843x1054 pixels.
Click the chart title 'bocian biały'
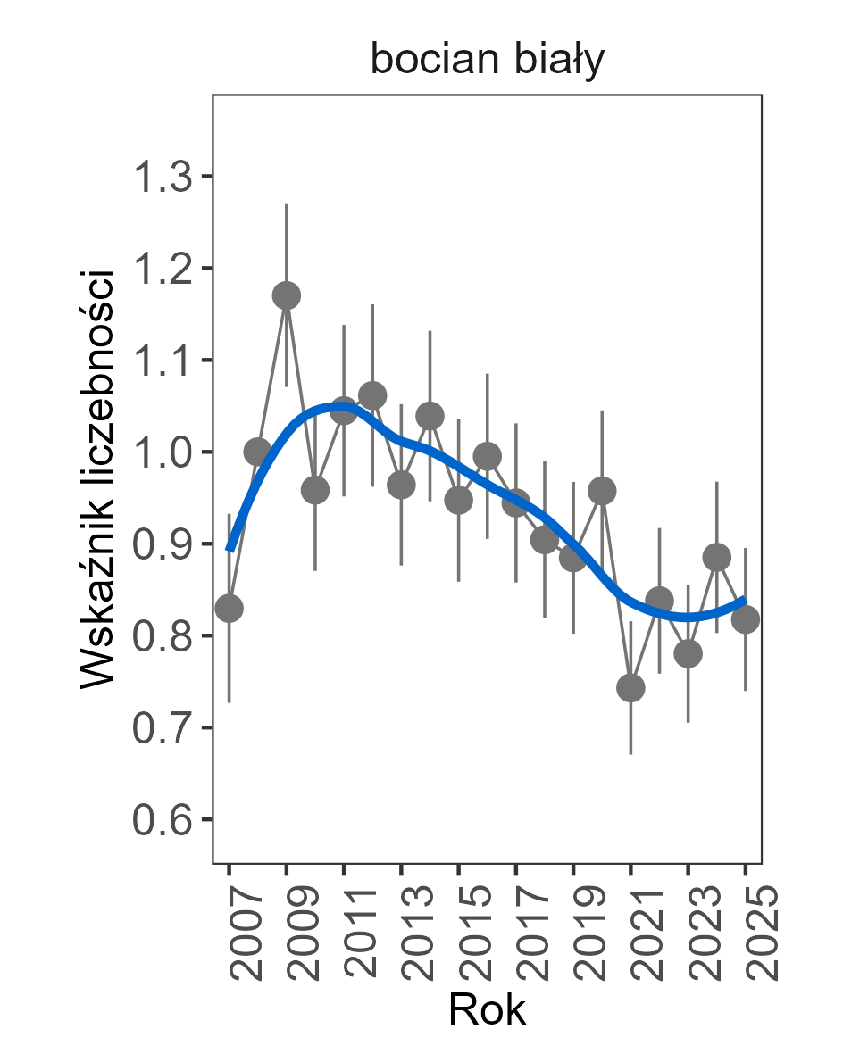(488, 62)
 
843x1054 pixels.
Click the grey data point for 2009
(287, 295)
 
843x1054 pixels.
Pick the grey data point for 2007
(230, 608)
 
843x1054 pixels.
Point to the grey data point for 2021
(630, 688)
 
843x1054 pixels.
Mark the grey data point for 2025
(746, 619)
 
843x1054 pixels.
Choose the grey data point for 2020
(602, 491)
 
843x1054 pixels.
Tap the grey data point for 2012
(372, 394)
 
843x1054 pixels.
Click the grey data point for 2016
(488, 456)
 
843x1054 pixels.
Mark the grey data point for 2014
(430, 415)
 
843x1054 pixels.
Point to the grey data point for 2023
(688, 653)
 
